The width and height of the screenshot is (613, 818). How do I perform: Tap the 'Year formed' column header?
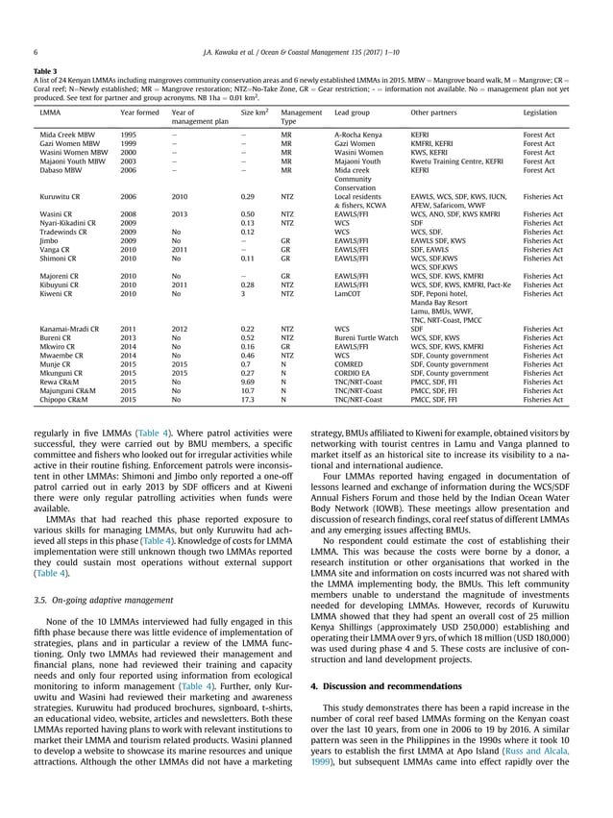pos(139,113)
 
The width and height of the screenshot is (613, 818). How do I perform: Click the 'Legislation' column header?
pos(543,113)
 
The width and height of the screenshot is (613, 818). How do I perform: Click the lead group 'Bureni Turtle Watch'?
pos(366,338)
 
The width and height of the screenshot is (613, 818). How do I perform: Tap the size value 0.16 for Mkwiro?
pos(249,347)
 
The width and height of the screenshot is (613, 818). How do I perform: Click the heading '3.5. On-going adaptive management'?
pos(105,603)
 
